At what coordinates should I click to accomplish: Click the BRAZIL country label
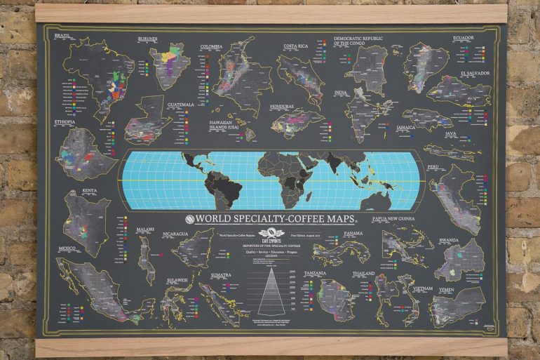pos(62,35)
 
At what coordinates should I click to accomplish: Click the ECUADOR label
pos(463,38)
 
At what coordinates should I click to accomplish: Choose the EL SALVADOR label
pos(474,73)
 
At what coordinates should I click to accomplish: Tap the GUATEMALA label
pos(180,105)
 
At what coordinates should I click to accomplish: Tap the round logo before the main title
pos(189,218)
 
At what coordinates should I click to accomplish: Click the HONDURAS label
pos(286,107)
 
